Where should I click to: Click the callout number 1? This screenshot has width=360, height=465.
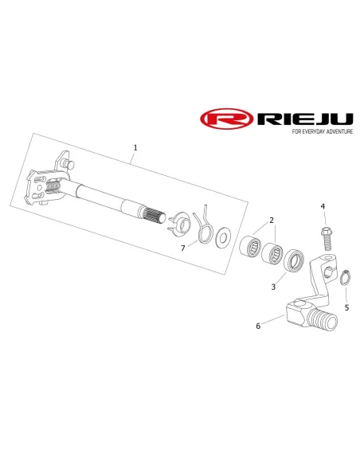(x=135, y=147)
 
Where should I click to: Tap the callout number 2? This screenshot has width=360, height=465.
(x=272, y=220)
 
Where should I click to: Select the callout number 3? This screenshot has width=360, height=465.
(x=273, y=287)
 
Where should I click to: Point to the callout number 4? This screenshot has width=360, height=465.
(x=323, y=206)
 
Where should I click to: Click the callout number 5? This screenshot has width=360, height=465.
(x=346, y=307)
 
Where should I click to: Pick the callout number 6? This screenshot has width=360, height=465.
(x=258, y=326)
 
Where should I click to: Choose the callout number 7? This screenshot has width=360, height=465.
(x=183, y=248)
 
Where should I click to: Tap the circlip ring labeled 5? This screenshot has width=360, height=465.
(x=345, y=278)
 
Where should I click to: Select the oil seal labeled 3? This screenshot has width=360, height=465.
(x=294, y=260)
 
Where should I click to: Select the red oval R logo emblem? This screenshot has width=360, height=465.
(x=227, y=119)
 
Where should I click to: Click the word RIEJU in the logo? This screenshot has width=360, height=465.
(x=305, y=119)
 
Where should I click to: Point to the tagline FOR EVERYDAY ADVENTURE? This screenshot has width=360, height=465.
(x=323, y=131)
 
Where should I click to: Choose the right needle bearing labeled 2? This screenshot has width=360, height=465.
(x=272, y=252)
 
